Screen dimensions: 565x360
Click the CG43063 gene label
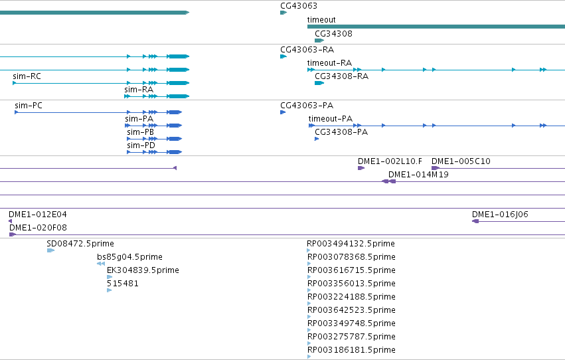pos(299,6)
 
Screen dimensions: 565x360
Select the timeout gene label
pos(321,20)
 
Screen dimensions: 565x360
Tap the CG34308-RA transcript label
pos(342,76)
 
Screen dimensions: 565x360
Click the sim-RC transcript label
pos(27,76)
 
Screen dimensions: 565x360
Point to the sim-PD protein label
pos(141,145)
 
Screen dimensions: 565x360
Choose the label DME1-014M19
pos(418,175)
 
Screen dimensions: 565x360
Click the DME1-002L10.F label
pos(390,161)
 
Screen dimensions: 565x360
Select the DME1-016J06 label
pos(500,215)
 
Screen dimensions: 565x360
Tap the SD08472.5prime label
pos(80,244)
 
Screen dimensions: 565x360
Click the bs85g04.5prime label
pos(129,257)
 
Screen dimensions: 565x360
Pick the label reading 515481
pos(123,283)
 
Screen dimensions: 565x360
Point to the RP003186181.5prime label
pos(351,349)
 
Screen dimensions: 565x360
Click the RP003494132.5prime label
pos(351,244)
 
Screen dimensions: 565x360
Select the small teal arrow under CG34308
pos(319,41)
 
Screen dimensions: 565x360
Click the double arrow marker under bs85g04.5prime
pos(101,264)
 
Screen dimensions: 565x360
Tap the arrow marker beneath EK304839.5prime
pos(110,277)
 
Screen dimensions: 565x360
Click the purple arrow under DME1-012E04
pos(10,221)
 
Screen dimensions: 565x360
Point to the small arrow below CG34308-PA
pos(317,139)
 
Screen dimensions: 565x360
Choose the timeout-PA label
pos(331,118)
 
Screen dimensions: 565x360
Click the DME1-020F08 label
pos(39,228)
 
